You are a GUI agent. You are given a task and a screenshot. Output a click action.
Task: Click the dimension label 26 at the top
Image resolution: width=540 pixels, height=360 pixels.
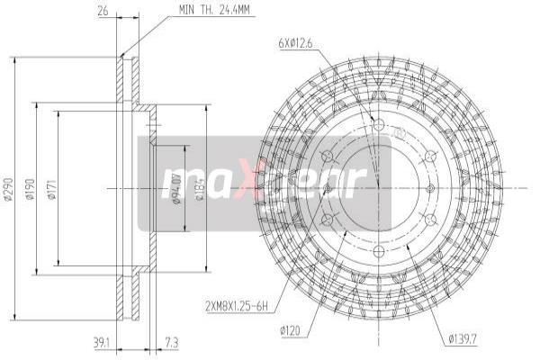coord(104,12)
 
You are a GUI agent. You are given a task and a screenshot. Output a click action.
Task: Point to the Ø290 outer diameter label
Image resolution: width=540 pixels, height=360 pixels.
coord(8,189)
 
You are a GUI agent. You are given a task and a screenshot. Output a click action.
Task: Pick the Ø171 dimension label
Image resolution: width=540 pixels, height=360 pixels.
coord(52,189)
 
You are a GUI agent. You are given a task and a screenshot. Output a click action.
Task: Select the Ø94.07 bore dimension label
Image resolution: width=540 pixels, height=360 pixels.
coord(176,190)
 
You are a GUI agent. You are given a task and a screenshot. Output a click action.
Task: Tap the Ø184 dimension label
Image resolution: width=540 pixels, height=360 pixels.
coord(199,189)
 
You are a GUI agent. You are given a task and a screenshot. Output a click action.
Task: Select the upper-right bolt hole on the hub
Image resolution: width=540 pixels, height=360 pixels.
coord(431,157)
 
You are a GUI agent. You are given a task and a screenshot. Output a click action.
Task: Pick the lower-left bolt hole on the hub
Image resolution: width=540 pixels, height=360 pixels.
coord(325,220)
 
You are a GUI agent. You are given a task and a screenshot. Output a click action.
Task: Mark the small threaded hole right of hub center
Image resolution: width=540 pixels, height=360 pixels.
coord(431,189)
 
